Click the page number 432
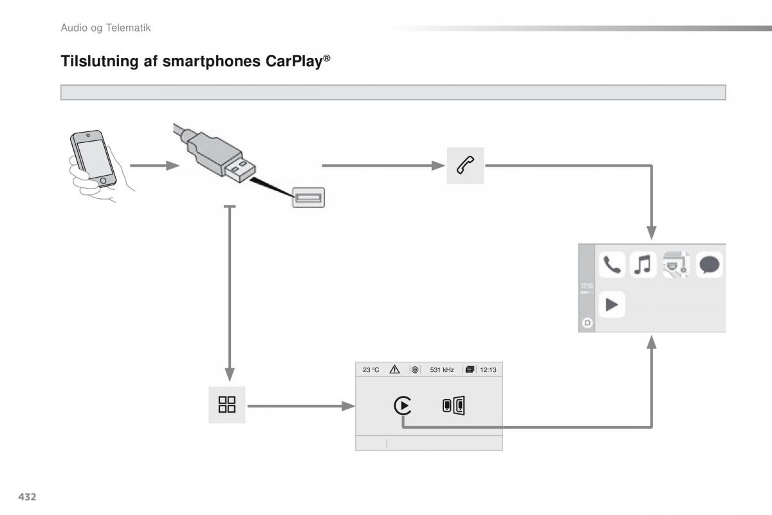(x=26, y=496)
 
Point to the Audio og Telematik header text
(x=105, y=28)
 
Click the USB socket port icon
(x=309, y=197)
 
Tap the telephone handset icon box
(x=465, y=165)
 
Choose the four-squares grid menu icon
(x=227, y=405)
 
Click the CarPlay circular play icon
(x=403, y=406)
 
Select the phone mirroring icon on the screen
(x=454, y=406)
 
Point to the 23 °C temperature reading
(x=371, y=370)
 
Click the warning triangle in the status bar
(x=394, y=370)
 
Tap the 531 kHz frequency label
(x=442, y=370)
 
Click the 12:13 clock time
(x=489, y=370)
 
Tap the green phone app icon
(x=612, y=265)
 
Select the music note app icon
(x=643, y=265)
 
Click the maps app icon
(x=676, y=265)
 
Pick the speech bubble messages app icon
(x=710, y=265)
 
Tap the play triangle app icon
(x=612, y=304)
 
